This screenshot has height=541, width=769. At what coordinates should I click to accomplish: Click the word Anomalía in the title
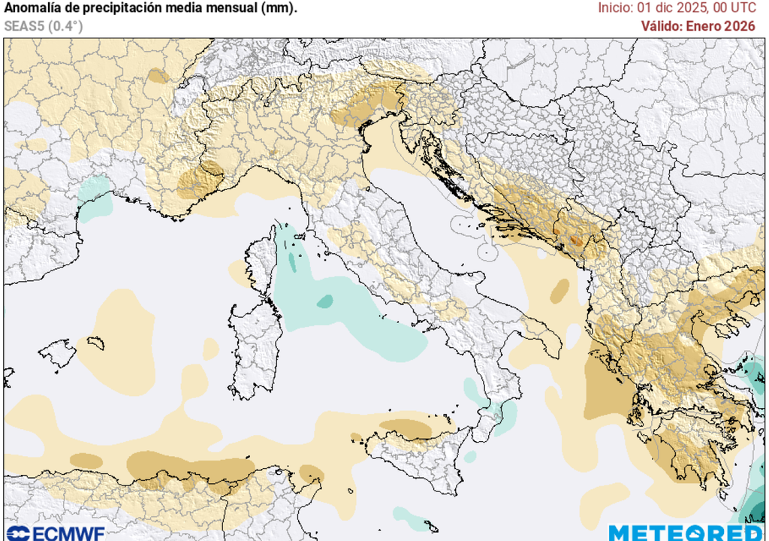(x=33, y=8)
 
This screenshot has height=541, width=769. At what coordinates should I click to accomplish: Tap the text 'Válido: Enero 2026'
(x=698, y=26)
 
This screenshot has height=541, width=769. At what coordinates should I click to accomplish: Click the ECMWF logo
(x=53, y=533)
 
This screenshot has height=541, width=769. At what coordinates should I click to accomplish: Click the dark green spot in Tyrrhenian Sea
(x=324, y=301)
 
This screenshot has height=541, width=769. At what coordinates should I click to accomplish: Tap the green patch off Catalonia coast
(x=94, y=199)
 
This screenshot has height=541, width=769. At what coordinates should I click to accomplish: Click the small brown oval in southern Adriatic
(x=559, y=291)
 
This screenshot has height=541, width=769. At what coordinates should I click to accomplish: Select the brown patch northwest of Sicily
(x=406, y=428)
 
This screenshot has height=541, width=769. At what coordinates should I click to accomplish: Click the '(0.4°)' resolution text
(x=65, y=26)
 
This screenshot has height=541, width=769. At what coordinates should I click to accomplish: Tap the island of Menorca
(x=95, y=343)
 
